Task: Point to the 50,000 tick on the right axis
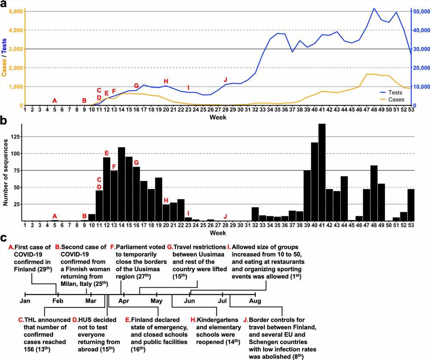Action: (x=420, y=11)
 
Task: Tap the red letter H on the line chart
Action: (x=166, y=81)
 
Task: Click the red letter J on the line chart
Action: (x=225, y=80)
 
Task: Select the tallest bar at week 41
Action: (x=322, y=172)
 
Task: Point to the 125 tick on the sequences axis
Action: (x=15, y=137)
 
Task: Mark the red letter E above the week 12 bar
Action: (x=107, y=153)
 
